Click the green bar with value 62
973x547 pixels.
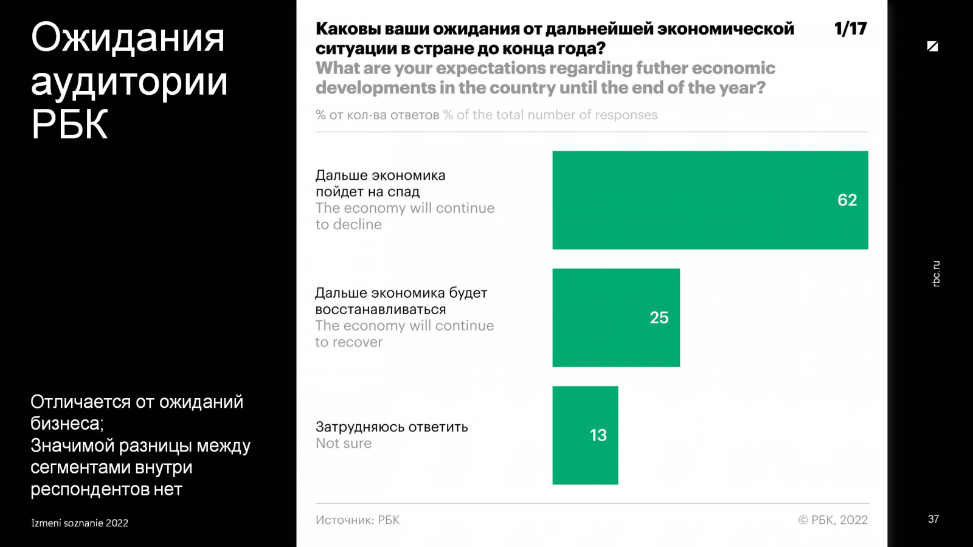point(710,200)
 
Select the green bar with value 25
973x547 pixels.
point(615,317)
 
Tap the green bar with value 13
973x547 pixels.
point(585,435)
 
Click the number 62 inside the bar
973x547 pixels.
point(847,200)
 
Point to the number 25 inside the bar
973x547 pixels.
point(659,317)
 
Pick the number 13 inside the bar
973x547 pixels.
point(598,435)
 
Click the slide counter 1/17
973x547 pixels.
point(850,29)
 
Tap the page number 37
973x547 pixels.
point(933,519)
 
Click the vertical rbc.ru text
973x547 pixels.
point(936,273)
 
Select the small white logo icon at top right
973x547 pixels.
point(932,46)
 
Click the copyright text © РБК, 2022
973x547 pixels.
point(833,520)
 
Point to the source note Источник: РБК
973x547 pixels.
point(358,520)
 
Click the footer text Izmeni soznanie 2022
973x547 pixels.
point(80,523)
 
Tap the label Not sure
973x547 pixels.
point(344,444)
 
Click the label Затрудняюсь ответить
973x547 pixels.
point(392,427)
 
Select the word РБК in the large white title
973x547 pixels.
point(69,125)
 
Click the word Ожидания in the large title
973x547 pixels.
point(128,38)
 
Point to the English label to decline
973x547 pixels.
point(348,224)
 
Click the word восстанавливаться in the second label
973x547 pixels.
point(381,309)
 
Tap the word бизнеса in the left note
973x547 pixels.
point(66,424)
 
